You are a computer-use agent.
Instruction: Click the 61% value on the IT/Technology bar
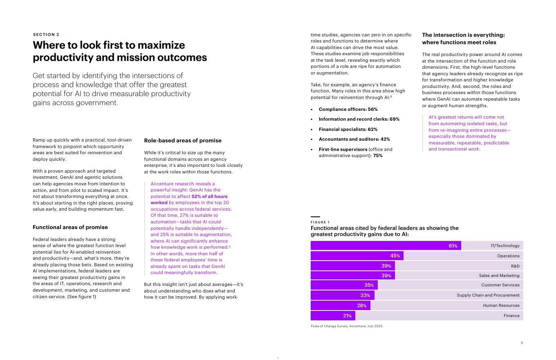[x=453, y=246]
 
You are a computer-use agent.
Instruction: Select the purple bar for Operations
[x=357, y=256]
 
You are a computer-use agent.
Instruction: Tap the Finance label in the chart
[x=511, y=315]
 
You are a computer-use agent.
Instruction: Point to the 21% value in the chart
[x=347, y=316]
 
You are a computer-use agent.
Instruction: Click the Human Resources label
[x=501, y=305]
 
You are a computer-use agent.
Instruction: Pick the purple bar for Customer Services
[x=344, y=285]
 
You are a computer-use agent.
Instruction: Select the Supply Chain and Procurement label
[x=488, y=295]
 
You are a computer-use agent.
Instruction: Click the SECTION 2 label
[x=46, y=34]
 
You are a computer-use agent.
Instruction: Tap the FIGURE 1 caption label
[x=320, y=222]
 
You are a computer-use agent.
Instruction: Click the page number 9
[x=522, y=343]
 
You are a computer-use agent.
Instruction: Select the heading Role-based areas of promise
[x=183, y=140]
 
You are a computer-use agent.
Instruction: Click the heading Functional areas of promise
[x=70, y=227]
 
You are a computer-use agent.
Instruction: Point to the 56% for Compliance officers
[x=372, y=109]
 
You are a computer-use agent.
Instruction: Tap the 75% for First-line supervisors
[x=377, y=155]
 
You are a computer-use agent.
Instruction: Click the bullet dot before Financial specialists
[x=312, y=129]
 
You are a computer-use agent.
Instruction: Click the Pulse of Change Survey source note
[x=347, y=326]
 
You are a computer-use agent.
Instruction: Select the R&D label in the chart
[x=515, y=266]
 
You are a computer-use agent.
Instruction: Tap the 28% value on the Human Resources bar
[x=362, y=306]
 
